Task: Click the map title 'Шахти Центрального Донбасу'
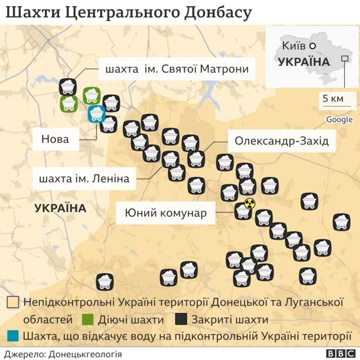(x=128, y=12)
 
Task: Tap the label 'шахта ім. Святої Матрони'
(x=177, y=70)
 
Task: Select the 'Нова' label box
(x=55, y=138)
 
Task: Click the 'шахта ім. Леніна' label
(x=84, y=179)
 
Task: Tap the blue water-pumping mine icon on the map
(x=96, y=114)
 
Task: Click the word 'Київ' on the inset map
(x=294, y=46)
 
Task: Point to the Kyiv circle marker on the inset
(x=313, y=46)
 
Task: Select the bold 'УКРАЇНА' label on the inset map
(x=303, y=61)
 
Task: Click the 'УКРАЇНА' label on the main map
(x=60, y=208)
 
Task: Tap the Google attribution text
(x=339, y=119)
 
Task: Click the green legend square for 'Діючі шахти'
(x=87, y=319)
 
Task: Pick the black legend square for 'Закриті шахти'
(x=180, y=319)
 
